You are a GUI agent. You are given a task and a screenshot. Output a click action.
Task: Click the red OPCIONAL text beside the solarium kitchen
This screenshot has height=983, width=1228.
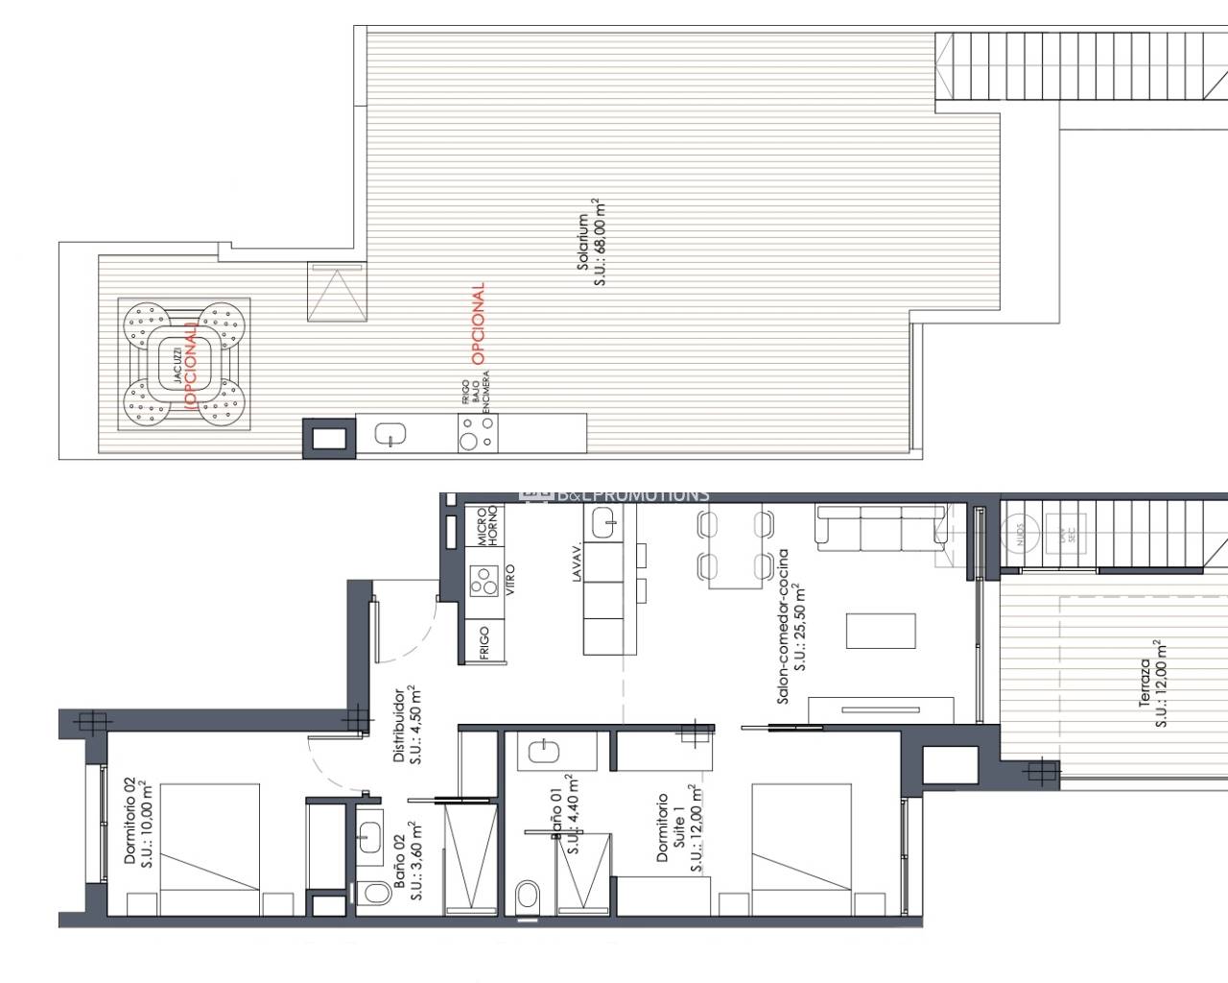pos(478,323)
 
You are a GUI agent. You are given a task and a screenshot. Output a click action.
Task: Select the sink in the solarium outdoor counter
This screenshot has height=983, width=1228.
pos(390,435)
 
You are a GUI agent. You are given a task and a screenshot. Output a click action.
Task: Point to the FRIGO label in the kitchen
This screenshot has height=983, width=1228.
pos(484,643)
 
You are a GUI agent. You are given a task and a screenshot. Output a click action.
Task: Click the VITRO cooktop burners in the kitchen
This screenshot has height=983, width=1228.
pos(481,581)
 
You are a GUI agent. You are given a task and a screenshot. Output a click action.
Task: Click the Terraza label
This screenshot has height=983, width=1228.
pos(1151,683)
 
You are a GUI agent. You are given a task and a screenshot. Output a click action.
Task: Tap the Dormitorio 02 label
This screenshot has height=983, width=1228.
pos(137,821)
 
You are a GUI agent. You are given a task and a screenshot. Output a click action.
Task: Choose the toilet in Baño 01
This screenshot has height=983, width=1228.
pos(527,897)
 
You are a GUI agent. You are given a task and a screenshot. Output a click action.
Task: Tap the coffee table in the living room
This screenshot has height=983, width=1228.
pos(881,632)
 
